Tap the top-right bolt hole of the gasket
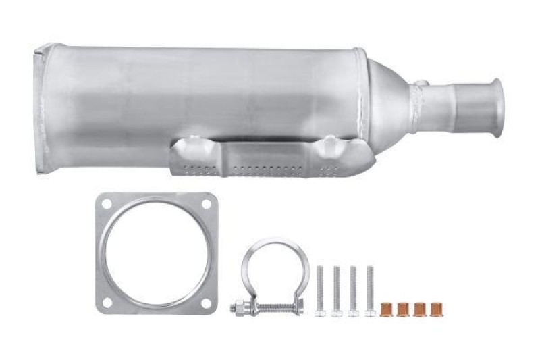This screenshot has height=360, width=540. coord(207,203)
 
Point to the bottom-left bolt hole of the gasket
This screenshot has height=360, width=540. coord(107,303)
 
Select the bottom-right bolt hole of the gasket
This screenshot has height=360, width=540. coord(207,303)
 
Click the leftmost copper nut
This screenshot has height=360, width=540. coord(387,308)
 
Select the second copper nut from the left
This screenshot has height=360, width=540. coord(403,308)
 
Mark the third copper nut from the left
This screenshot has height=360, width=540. coord(419,308)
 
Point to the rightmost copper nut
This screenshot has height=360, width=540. coord(435,308)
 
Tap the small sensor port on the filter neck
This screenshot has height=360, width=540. coord(421,84)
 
